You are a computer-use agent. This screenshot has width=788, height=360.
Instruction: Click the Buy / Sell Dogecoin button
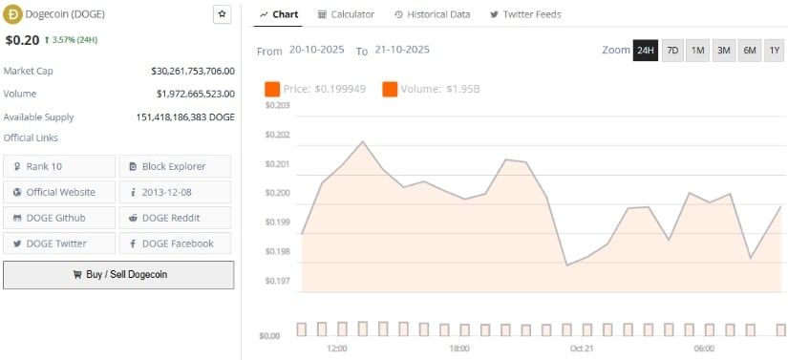coord(118,275)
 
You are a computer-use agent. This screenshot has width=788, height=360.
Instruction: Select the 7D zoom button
coord(672,51)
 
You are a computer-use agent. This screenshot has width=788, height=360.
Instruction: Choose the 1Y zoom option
coord(774,51)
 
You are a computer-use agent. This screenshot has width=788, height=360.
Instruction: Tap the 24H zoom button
coord(646,51)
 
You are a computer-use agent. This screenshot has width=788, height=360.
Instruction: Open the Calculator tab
coord(346,15)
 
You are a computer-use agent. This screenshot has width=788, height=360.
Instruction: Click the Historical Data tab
coord(432,15)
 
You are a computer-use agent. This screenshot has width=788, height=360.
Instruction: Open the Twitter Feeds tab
coord(525,15)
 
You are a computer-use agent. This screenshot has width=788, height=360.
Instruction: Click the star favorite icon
coord(222,14)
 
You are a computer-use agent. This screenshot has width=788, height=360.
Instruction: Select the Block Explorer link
coord(175,166)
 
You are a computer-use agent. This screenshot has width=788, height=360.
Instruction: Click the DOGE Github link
coord(58,218)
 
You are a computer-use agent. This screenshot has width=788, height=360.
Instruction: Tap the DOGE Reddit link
coord(175,218)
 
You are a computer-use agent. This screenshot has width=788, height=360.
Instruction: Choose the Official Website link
coord(58,192)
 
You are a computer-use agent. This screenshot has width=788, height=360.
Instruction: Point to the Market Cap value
coord(193,71)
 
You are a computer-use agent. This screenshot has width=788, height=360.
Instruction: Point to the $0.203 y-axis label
coord(276,106)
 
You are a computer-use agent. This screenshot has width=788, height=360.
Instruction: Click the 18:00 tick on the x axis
coord(459,349)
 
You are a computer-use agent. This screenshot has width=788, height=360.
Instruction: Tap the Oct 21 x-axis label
coord(582,349)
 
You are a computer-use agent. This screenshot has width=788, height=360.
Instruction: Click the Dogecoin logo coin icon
coord(12,14)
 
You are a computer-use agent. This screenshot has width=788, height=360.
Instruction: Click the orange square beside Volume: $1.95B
coord(390,89)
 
